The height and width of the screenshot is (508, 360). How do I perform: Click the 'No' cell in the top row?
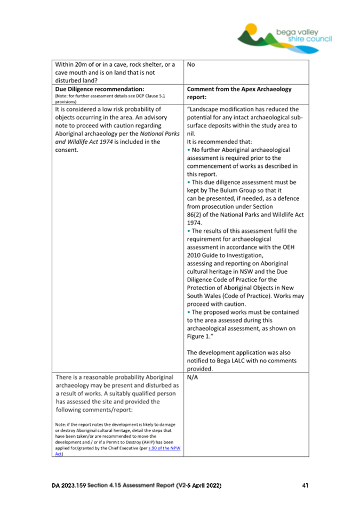(x=192, y=65)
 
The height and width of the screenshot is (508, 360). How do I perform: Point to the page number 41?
(x=305, y=486)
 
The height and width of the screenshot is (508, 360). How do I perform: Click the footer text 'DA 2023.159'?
(x=71, y=486)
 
